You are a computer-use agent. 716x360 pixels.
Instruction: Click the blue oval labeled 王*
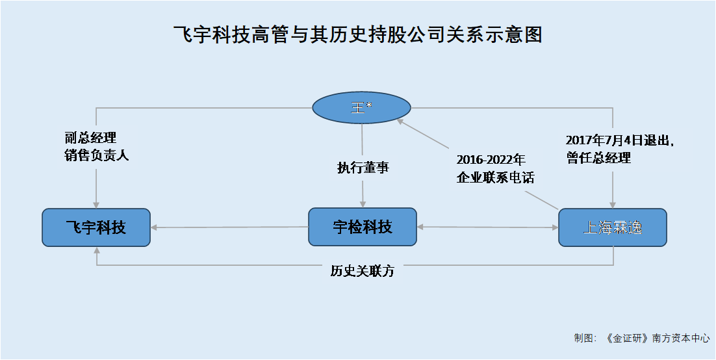[362, 108]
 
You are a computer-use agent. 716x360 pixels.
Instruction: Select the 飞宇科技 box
[96, 227]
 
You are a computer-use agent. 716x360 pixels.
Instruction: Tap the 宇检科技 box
[363, 227]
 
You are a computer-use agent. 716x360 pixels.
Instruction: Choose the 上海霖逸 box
[613, 227]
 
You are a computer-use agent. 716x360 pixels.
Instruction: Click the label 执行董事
[363, 168]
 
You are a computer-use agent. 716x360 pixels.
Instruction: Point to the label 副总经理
[90, 138]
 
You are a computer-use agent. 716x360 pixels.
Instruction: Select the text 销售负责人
[97, 155]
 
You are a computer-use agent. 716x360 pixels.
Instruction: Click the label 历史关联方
[363, 272]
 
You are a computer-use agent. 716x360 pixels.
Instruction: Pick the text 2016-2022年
[491, 160]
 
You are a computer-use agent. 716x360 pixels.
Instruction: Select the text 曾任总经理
[598, 159]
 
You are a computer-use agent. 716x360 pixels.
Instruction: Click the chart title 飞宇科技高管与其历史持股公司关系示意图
[357, 35]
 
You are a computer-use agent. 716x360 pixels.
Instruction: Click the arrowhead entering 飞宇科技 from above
[96, 205]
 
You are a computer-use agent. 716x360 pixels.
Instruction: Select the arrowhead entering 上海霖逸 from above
[613, 205]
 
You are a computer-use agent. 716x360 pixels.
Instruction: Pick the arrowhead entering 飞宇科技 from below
[96, 250]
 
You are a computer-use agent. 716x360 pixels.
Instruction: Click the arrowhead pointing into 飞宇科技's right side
[155, 227]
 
